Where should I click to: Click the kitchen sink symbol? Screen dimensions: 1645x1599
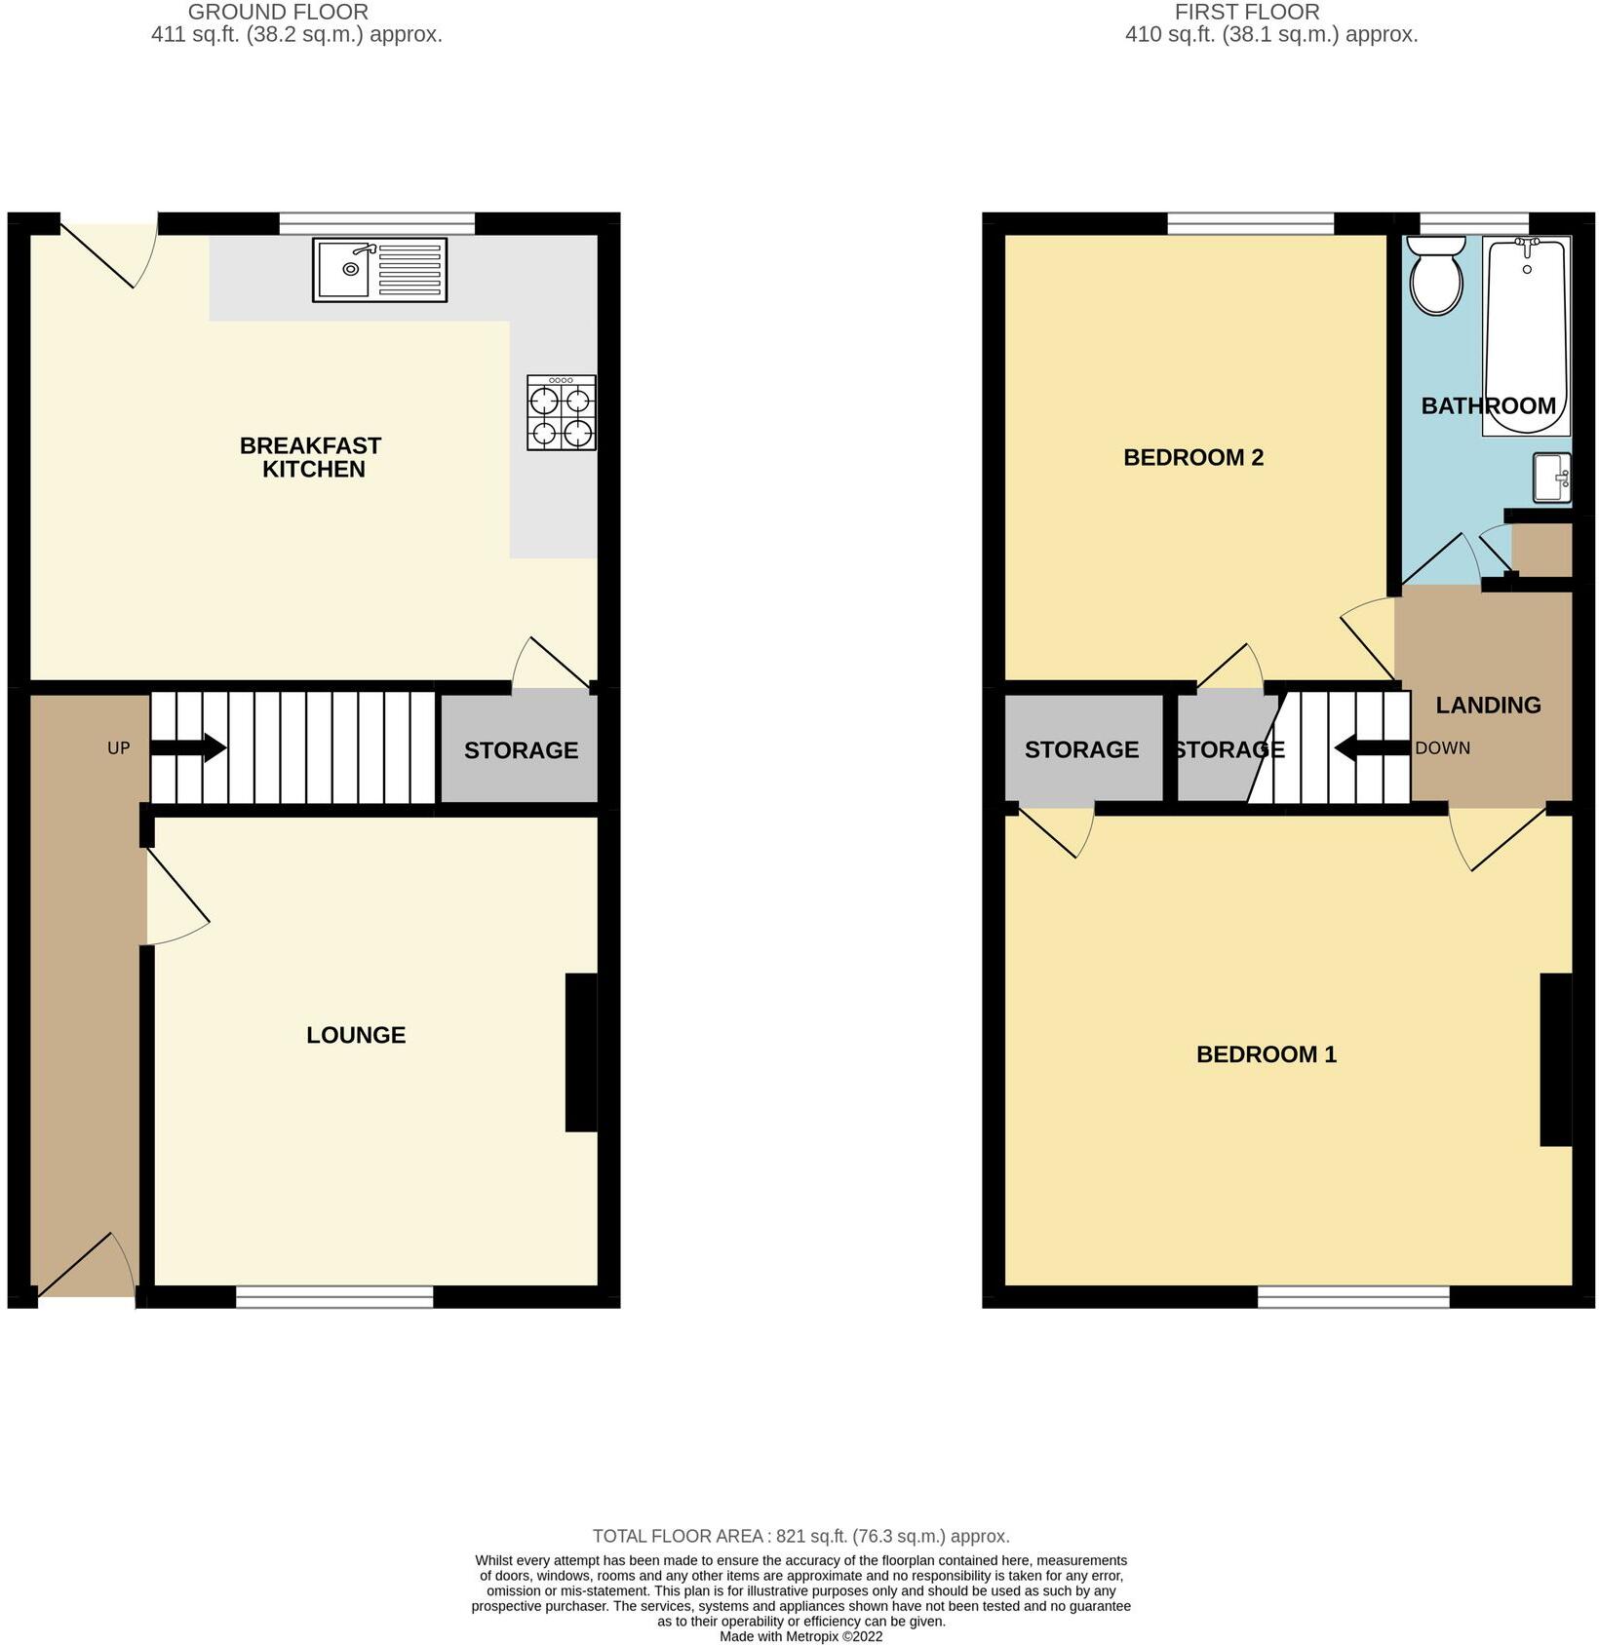tap(379, 270)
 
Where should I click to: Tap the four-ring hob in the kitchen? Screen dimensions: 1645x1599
tap(562, 412)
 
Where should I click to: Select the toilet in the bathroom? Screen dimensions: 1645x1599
tap(1436, 277)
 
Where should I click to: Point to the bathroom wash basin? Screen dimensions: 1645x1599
tap(1551, 478)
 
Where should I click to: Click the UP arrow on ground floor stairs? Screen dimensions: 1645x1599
tap(189, 748)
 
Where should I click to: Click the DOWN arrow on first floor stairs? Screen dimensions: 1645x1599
tap(1371, 748)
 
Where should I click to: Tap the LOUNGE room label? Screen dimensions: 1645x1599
tap(356, 1035)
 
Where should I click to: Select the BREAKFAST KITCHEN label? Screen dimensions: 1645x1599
tap(311, 457)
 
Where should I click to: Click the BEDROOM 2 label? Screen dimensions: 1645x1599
tap(1192, 457)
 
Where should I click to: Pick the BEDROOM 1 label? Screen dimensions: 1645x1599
tap(1266, 1054)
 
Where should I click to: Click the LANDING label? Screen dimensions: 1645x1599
tap(1488, 705)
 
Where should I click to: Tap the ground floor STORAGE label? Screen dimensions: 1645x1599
tap(521, 750)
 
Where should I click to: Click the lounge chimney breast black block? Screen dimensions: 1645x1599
tap(581, 1052)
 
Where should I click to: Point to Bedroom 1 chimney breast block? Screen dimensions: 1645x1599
tap(1555, 1059)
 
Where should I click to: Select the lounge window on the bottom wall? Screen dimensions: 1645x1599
tap(334, 1296)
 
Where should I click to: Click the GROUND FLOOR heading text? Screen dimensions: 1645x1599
tap(278, 13)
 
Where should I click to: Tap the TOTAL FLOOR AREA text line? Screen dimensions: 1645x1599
tap(800, 1536)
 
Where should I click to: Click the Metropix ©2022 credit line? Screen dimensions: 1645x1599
tap(800, 1636)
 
